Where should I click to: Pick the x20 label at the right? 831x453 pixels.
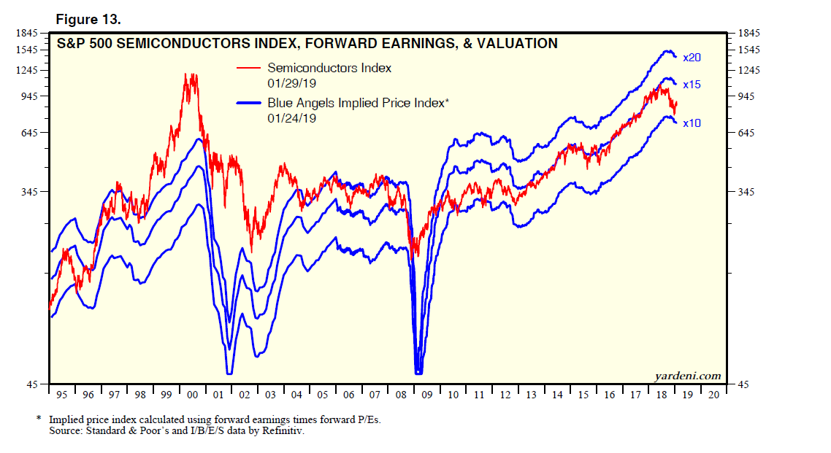(691, 58)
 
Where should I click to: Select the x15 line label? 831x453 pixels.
(691, 85)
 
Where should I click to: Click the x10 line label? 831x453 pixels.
(691, 123)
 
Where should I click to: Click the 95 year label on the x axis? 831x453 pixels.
(61, 395)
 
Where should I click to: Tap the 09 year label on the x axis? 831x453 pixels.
(427, 395)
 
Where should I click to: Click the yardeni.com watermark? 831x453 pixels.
(688, 376)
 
